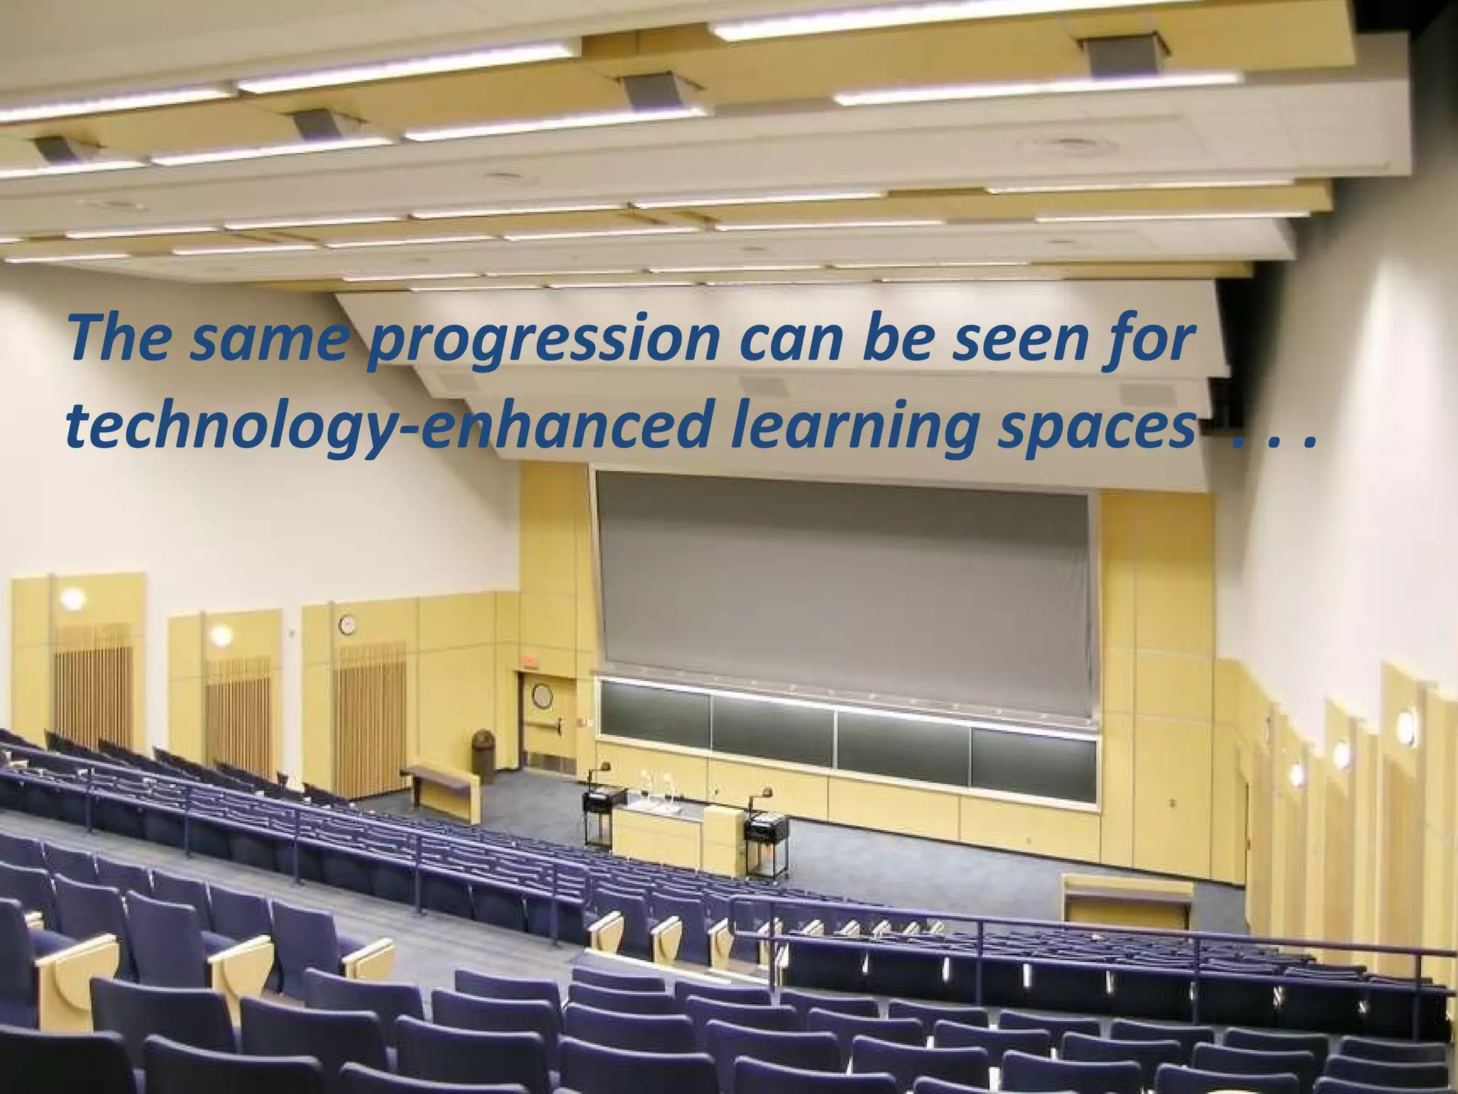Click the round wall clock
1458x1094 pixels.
(x=347, y=625)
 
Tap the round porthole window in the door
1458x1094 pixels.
(x=542, y=696)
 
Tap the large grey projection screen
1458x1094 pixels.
(x=844, y=584)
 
